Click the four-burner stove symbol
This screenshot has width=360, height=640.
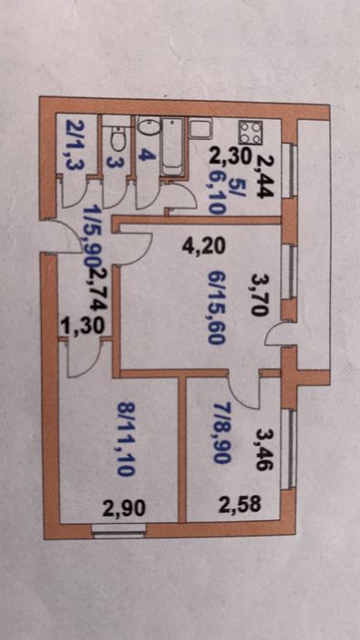250,133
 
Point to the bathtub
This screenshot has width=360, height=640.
171,147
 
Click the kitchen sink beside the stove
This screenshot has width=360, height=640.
201,128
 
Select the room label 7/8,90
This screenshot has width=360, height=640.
221,432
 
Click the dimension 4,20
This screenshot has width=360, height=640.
202,247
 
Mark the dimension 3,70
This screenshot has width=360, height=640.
259,294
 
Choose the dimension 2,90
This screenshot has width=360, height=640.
124,509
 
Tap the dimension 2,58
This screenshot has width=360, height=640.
240,504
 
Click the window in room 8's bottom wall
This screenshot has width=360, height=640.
119,530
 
